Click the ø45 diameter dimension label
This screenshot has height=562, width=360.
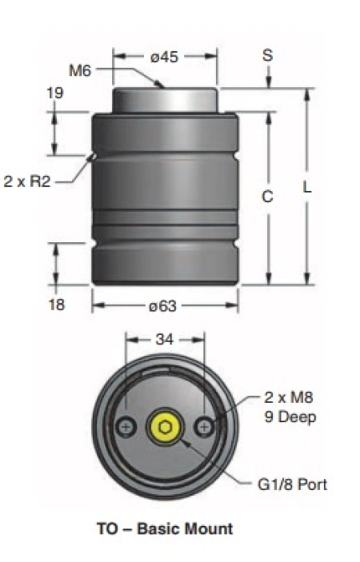click(x=164, y=57)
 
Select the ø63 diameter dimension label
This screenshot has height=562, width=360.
click(x=162, y=305)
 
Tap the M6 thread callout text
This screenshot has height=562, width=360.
click(x=80, y=70)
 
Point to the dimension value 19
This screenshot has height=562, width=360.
click(x=55, y=94)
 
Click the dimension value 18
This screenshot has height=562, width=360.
click(x=56, y=305)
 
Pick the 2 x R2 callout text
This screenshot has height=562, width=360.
click(x=27, y=181)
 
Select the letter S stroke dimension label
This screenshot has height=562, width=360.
click(x=268, y=55)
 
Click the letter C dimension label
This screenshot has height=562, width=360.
click(x=267, y=197)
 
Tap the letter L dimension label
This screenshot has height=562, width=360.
click(x=307, y=187)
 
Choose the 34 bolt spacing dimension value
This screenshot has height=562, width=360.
click(x=165, y=339)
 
